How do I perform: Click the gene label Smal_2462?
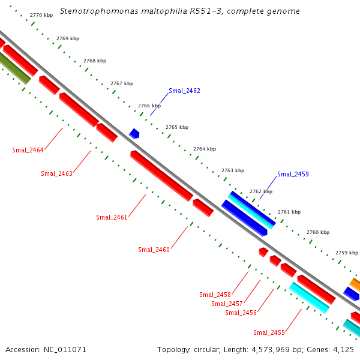click(x=184, y=91)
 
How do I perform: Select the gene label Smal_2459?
click(x=293, y=174)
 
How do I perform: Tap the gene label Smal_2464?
click(x=28, y=150)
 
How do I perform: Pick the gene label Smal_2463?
click(x=56, y=173)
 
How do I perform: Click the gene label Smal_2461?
click(x=112, y=217)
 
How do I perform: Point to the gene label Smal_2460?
click(x=154, y=250)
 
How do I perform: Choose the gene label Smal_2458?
click(x=215, y=295)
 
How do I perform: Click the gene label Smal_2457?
click(x=227, y=304)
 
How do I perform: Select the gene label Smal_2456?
click(x=241, y=313)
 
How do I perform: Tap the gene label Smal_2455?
click(x=269, y=332)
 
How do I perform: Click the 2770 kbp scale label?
click(x=41, y=15)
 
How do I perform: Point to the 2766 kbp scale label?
click(x=149, y=106)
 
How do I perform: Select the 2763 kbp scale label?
click(x=233, y=170)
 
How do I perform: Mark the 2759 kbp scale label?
click(x=347, y=253)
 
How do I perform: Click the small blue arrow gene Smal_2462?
click(x=134, y=133)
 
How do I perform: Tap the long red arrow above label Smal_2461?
click(x=161, y=175)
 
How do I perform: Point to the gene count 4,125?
click(x=344, y=349)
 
